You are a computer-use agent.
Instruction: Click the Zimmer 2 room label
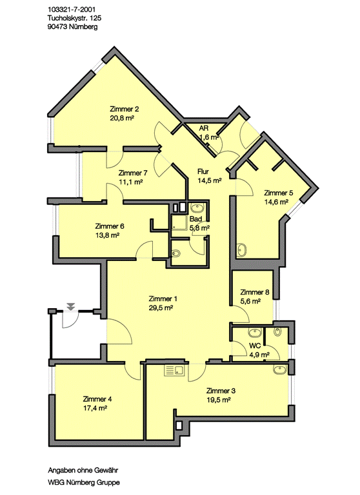[x=125, y=109]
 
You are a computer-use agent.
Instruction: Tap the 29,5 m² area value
[x=161, y=308]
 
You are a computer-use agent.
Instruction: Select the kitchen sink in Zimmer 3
[x=174, y=371]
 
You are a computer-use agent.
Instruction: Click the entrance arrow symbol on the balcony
[x=71, y=306]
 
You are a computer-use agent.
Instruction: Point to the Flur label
[x=203, y=171]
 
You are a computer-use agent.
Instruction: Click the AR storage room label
[x=204, y=128]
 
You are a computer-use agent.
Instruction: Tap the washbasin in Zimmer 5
[x=243, y=249]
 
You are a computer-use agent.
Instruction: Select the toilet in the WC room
[x=278, y=332]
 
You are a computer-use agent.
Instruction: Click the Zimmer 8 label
[x=254, y=292]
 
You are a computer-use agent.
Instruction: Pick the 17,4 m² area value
[x=95, y=408]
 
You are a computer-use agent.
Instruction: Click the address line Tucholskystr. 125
[x=75, y=18]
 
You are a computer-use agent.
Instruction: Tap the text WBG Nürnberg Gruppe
[x=84, y=482]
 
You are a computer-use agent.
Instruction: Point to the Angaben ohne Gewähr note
[x=83, y=470]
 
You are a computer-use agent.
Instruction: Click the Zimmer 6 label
[x=110, y=226]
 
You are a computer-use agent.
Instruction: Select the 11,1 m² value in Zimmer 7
[x=130, y=182]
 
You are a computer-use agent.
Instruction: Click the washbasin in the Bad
[x=198, y=209]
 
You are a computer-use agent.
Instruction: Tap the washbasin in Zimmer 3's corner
[x=279, y=370]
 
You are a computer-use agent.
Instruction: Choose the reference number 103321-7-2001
[x=72, y=10]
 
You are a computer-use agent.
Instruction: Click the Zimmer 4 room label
[x=97, y=399]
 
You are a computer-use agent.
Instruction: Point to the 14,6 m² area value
[x=276, y=202]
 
